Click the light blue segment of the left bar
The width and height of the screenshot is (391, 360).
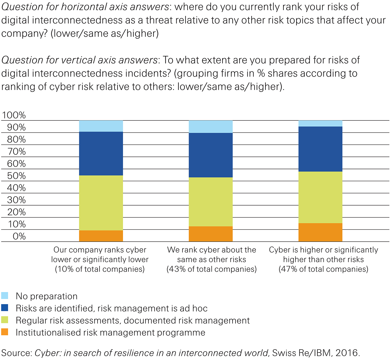coord(101,126)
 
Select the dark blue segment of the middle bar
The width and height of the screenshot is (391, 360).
coord(211,155)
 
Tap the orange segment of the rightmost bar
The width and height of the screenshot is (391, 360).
coord(320,232)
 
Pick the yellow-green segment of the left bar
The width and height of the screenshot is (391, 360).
coord(101,203)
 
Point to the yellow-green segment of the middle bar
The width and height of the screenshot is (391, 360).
coord(211,202)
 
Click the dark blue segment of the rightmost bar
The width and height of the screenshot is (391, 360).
coord(320,149)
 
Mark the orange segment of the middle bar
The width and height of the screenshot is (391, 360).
coord(211,234)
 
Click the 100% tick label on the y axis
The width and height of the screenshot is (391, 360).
coord(14,115)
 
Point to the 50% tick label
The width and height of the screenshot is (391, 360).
coord(16,176)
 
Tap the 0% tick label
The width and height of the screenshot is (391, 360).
coord(19,236)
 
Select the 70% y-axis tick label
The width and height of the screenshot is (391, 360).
coord(16,152)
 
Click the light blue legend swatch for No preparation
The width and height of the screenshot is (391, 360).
coord(5,296)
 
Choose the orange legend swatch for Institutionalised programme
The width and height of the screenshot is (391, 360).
coord(5,332)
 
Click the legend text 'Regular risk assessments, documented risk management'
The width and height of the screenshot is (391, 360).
coord(133,320)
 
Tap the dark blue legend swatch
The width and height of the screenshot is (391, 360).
coord(5,308)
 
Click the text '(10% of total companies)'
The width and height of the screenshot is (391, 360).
coord(100,269)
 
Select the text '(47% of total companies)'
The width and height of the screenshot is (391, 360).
coord(323,269)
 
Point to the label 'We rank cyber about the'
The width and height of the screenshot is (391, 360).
coord(212,250)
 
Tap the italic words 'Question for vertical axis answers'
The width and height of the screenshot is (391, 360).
coord(79,60)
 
